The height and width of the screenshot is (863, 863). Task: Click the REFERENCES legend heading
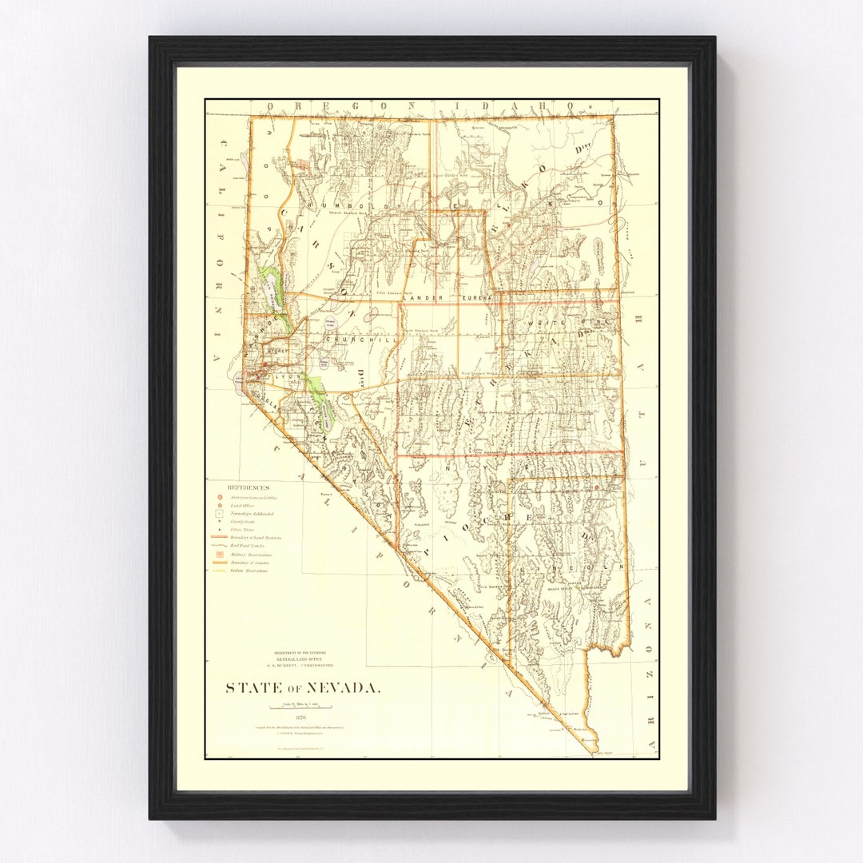click(x=248, y=487)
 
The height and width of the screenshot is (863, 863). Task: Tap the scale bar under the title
click(x=300, y=707)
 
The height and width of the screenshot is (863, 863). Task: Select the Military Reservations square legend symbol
click(x=216, y=554)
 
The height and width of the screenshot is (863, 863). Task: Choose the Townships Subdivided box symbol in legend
click(x=216, y=515)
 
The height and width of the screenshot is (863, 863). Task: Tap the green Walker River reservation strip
click(x=320, y=396)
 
